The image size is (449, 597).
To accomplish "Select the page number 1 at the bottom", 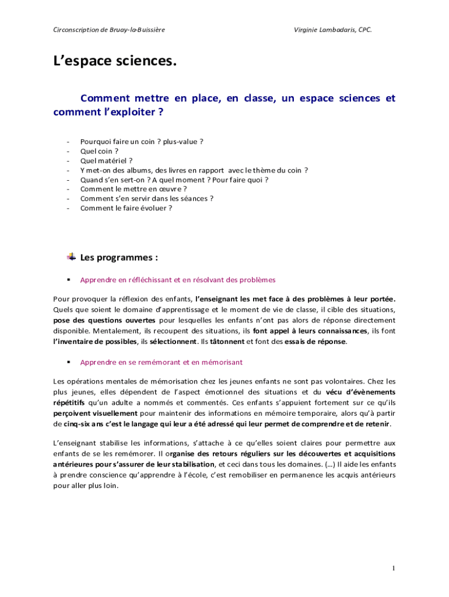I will point(394,568).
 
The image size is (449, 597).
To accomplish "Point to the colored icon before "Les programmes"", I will point(72,257).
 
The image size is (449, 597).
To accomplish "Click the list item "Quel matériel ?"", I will point(106,160).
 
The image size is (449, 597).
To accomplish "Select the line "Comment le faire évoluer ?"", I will point(126,208).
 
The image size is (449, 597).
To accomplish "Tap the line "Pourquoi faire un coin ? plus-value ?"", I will point(142,142).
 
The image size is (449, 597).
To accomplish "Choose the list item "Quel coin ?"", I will point(99,151).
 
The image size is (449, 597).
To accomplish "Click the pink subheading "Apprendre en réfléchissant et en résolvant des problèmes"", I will point(178,280).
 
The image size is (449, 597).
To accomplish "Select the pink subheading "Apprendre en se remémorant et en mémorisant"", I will point(161,362).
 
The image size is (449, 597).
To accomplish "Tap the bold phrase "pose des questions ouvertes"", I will point(104,320).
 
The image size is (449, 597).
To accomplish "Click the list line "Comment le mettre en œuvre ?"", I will point(134,189).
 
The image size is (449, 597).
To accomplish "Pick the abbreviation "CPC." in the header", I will point(365,29).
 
